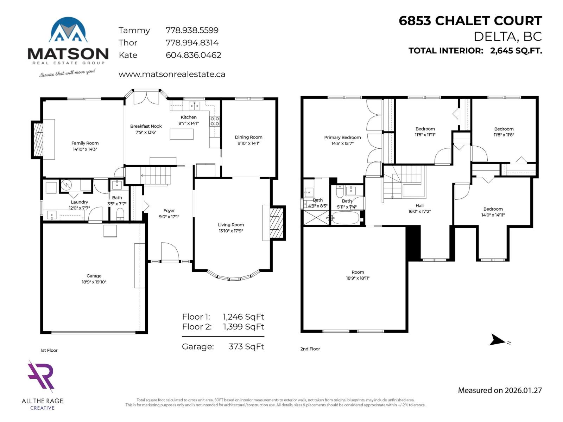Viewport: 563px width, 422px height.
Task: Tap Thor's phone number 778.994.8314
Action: (192, 43)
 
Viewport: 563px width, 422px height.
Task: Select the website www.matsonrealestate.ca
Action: (172, 75)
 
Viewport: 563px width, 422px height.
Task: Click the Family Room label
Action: (85, 143)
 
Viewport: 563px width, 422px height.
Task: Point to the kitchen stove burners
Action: (215, 121)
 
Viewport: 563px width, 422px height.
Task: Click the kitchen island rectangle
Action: (182, 134)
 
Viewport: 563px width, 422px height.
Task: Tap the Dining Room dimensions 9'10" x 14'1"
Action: (248, 143)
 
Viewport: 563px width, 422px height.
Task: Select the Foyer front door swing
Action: (170, 251)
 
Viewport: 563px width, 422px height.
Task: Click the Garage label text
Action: (94, 276)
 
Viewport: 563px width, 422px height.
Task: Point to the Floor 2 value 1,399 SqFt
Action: (243, 327)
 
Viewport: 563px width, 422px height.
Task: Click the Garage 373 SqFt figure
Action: (246, 347)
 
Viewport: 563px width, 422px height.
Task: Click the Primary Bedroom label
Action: (342, 138)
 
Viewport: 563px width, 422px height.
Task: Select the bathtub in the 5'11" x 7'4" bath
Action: (346, 218)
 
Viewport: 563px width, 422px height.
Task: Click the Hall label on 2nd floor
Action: (419, 206)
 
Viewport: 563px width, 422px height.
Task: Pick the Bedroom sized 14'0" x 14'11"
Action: (493, 212)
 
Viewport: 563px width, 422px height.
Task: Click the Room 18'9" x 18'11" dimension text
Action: (358, 278)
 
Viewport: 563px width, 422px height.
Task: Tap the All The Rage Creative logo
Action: (42, 376)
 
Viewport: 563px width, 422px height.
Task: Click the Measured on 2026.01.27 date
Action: (500, 390)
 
